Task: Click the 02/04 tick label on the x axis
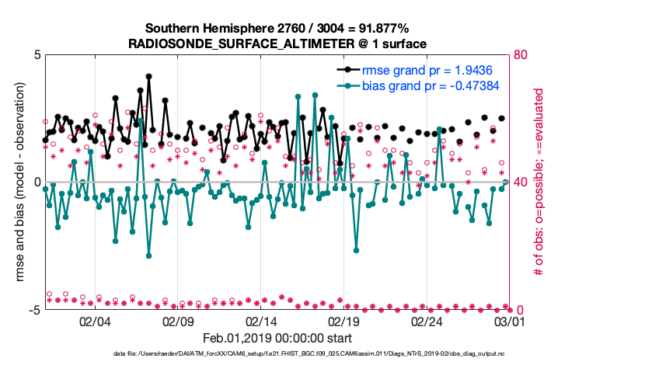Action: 95,321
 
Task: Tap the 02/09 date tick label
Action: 178,321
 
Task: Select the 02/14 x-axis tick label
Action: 261,321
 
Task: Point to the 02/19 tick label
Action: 344,321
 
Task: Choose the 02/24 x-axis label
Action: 427,321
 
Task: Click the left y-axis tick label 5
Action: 36,56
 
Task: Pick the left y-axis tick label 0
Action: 36,182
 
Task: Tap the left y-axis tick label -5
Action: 33,310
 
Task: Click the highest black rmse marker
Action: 148,76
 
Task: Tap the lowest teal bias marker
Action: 148,255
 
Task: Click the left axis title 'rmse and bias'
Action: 21,182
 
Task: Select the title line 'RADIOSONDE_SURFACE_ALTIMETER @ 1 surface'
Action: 277,43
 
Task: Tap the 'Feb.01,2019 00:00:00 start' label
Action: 277,339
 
